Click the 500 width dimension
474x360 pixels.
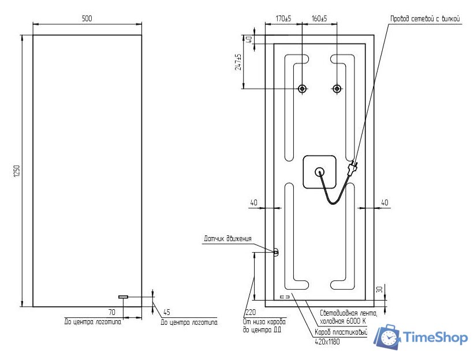tap(87, 18)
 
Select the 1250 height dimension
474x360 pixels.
tap(17, 171)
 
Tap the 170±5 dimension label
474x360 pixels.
tap(282, 18)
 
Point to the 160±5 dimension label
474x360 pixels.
tap(319, 18)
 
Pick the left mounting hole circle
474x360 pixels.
tap(302, 89)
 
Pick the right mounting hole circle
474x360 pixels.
tap(337, 89)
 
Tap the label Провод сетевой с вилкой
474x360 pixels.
tap(426, 19)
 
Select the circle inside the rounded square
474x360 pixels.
tap(319, 171)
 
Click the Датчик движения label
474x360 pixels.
tap(227, 238)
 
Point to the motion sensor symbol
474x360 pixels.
tap(275, 252)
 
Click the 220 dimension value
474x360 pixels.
tap(249, 313)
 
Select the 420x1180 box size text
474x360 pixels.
tap(327, 341)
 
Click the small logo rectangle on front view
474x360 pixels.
tap(124, 297)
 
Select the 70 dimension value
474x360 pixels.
tap(111, 312)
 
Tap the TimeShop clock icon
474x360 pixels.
tap(387, 337)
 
